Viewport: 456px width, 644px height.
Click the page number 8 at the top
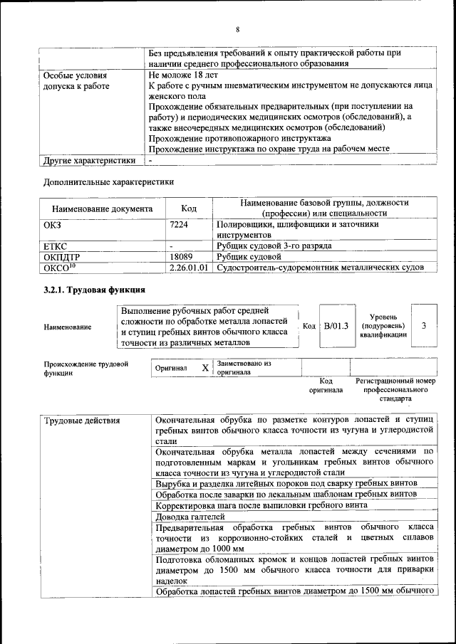point(237,29)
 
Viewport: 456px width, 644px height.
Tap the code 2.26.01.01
point(189,268)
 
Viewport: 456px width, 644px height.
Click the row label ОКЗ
point(53,224)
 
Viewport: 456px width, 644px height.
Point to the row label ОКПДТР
point(63,256)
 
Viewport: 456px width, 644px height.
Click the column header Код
point(189,209)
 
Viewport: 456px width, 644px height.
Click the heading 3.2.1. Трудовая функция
point(94,290)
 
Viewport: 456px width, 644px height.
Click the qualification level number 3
point(424,326)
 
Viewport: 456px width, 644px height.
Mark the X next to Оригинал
point(204,368)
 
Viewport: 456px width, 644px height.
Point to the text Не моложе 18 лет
point(182,74)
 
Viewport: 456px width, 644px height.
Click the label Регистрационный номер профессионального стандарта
point(395,391)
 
